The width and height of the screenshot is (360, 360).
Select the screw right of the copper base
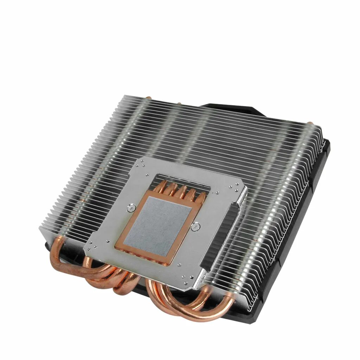coord(194,227)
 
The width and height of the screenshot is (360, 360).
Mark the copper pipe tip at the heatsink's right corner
coord(310,124)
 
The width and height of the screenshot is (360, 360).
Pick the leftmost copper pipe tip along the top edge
coord(149,98)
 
